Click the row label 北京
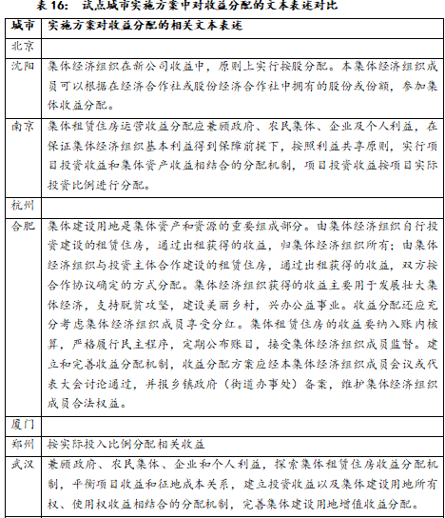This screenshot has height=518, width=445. (23, 45)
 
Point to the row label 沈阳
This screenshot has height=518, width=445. (23, 66)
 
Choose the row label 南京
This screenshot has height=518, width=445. (23, 127)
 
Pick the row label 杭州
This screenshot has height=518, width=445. (23, 206)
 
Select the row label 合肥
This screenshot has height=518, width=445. (23, 227)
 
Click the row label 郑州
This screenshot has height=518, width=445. (23, 444)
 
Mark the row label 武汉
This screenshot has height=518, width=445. (23, 464)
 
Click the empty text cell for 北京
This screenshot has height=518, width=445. (242, 45)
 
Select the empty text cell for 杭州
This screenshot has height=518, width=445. (242, 206)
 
